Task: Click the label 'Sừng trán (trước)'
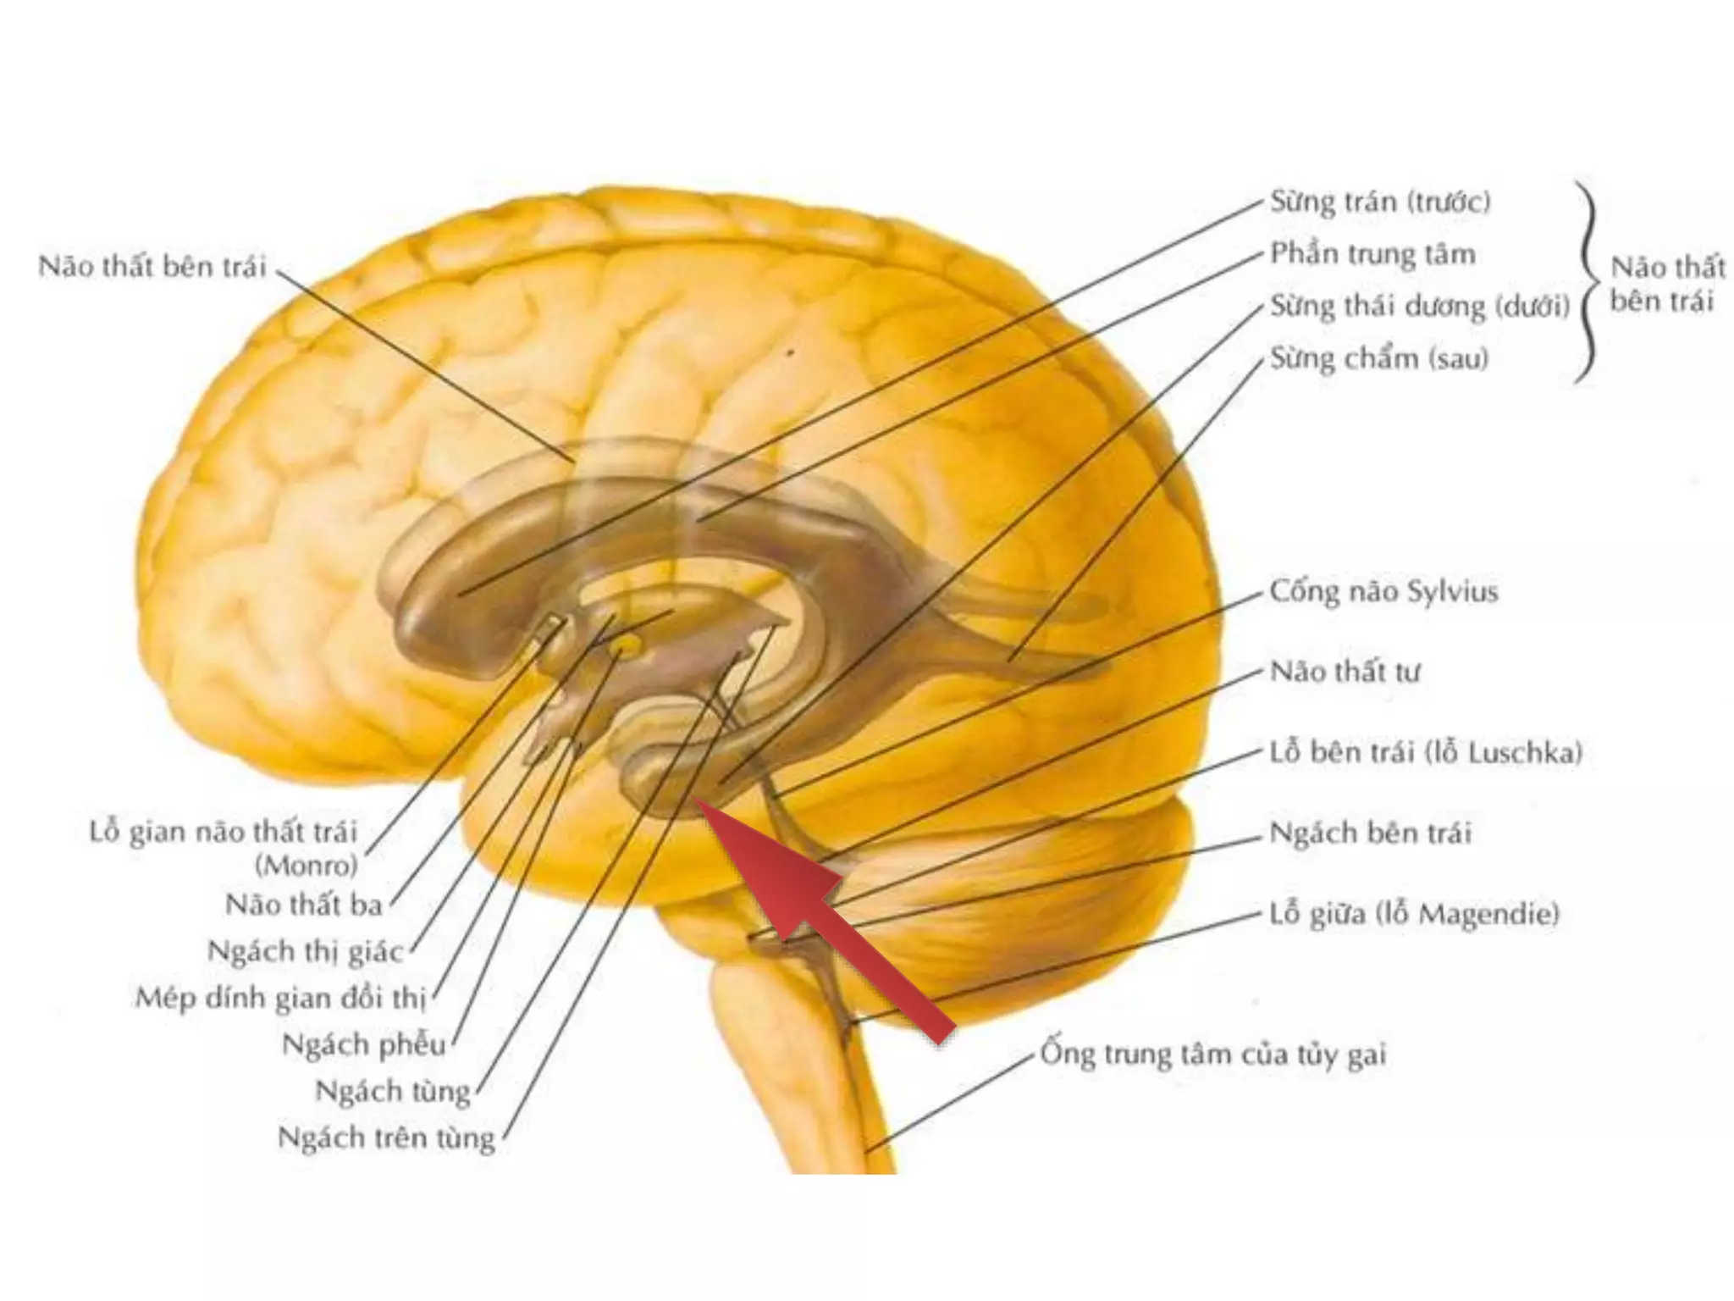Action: (1380, 202)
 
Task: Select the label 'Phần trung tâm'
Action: (1372, 254)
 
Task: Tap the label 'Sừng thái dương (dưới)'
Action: (1420, 306)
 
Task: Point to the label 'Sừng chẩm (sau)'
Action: (1378, 358)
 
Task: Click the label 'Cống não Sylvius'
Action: (1383, 591)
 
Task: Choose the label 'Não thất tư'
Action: (1345, 672)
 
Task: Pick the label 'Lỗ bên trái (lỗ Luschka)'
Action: (1426, 752)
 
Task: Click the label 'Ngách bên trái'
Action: (1370, 833)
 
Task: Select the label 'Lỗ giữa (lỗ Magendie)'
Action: (1414, 914)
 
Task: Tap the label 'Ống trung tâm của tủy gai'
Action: (1212, 1054)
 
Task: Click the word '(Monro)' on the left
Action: (306, 866)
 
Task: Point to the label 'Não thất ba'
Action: (304, 905)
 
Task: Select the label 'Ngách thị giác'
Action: (305, 951)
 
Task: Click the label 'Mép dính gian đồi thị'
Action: (280, 998)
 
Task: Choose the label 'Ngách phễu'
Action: (364, 1044)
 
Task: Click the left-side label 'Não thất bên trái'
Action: (152, 267)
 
